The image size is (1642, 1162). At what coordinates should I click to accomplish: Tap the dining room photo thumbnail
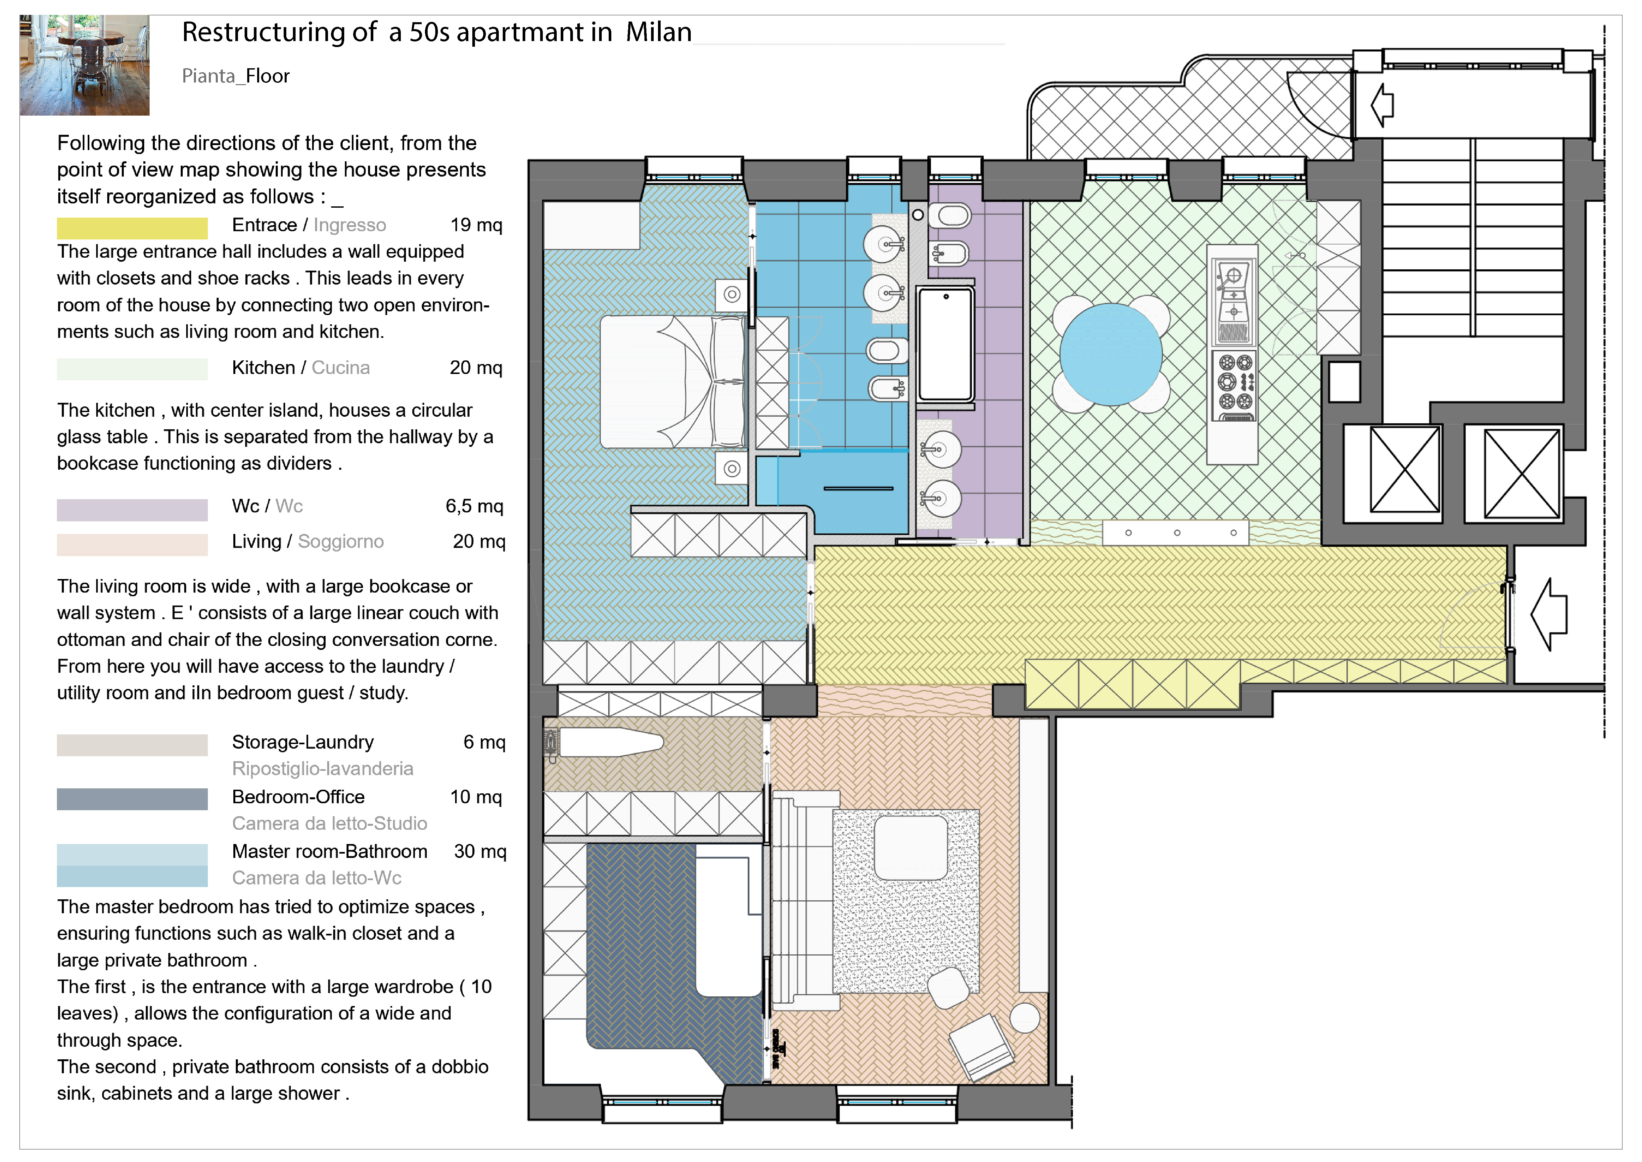pos(84,65)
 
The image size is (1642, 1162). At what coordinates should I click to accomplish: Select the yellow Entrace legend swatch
pos(132,228)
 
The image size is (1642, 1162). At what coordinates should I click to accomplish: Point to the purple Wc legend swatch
pos(132,509)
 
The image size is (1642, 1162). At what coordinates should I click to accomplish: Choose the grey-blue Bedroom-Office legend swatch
pos(132,799)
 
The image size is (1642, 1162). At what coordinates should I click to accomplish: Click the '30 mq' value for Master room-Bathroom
pos(480,852)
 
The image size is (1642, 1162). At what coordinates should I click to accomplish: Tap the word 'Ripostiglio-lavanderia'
pos(322,768)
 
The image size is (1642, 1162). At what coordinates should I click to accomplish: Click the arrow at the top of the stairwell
pos(1383,104)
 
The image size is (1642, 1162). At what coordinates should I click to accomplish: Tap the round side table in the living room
pos(1025,1018)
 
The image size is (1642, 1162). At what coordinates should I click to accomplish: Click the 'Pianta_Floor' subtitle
pos(235,76)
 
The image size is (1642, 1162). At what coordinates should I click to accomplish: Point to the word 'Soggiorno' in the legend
pos(340,542)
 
